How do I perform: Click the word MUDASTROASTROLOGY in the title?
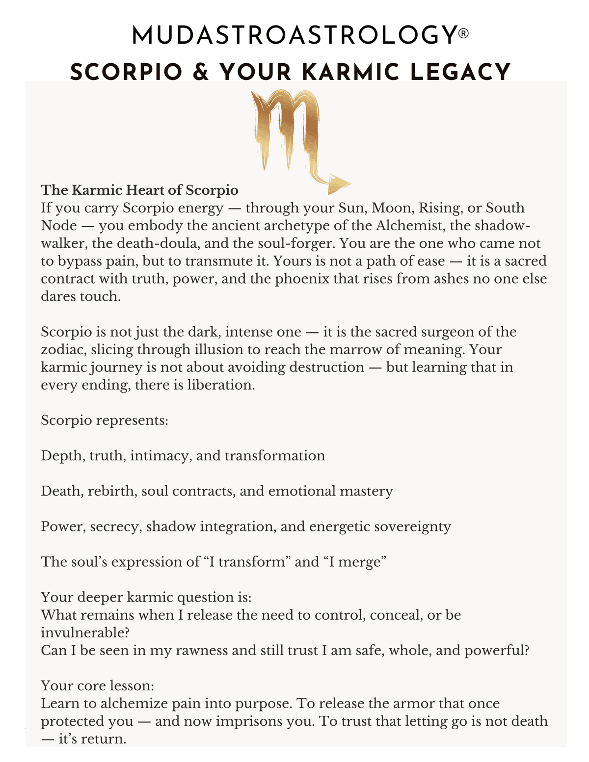[294, 36]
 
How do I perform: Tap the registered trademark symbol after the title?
[463, 33]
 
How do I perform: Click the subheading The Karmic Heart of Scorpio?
[139, 190]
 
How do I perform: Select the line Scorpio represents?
[105, 420]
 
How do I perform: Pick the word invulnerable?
[85, 632]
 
